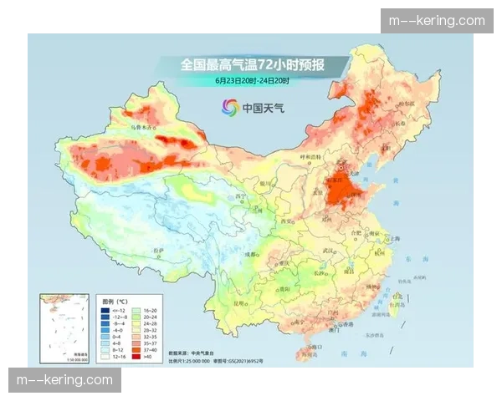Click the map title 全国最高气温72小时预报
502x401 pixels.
[x=251, y=64]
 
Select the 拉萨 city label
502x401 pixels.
[x=156, y=249]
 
